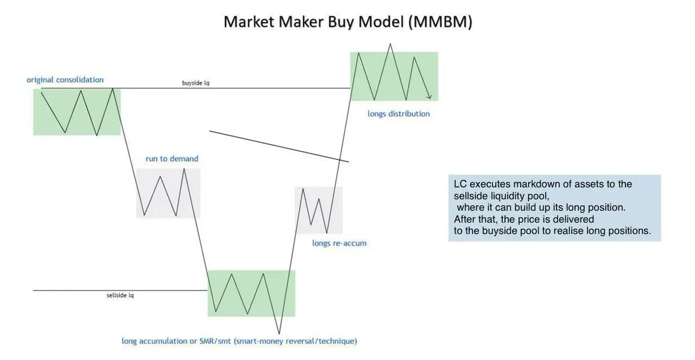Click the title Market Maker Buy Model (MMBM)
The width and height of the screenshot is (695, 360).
click(x=348, y=22)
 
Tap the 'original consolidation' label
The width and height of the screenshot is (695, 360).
click(x=65, y=80)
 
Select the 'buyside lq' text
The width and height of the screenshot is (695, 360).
click(x=196, y=83)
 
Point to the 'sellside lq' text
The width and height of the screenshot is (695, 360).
click(x=120, y=295)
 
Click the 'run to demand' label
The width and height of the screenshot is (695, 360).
click(x=172, y=159)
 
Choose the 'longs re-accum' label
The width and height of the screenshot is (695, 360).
click(x=339, y=243)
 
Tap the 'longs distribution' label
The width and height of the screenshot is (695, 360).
click(x=398, y=114)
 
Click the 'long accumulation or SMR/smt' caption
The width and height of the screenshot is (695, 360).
click(x=239, y=341)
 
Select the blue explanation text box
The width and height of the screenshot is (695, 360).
click(x=554, y=208)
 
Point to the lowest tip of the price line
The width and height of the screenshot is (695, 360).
click(x=280, y=334)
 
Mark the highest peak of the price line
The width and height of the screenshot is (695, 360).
click(x=392, y=43)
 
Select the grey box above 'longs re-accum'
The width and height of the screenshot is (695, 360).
click(x=319, y=210)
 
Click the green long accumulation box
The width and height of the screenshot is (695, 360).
click(x=251, y=293)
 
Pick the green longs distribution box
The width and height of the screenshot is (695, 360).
click(x=394, y=76)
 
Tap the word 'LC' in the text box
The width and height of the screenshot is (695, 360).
click(x=459, y=184)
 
